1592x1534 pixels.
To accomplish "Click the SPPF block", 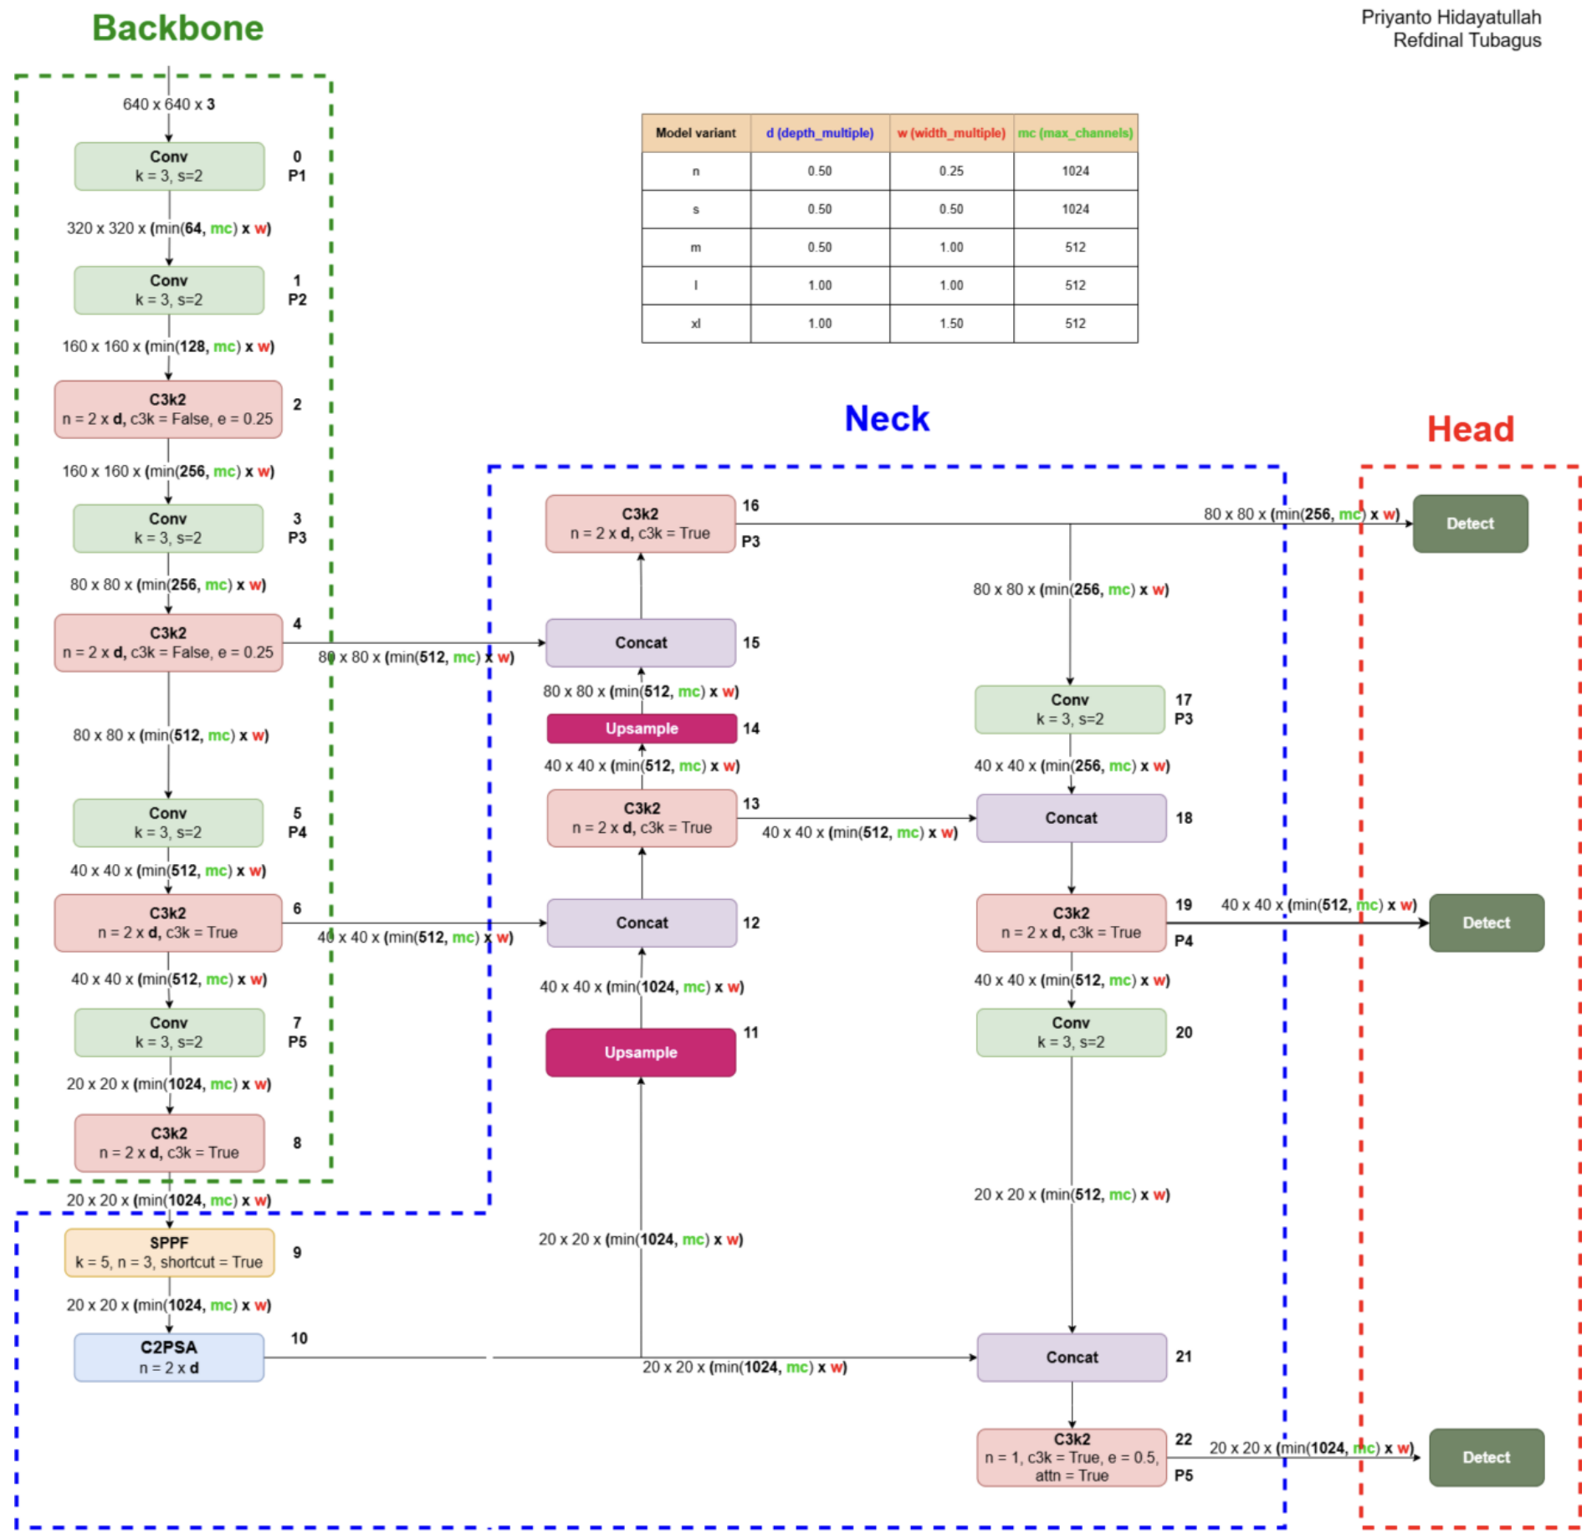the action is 170,1252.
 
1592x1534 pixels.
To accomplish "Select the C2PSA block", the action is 169,1357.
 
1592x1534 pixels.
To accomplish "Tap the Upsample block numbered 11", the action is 641,1052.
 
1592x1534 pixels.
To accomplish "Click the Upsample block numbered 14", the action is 642,729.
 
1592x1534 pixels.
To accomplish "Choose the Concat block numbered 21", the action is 1072,1357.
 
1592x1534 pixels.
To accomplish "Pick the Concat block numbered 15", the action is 641,642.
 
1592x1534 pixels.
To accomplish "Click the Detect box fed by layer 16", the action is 1471,524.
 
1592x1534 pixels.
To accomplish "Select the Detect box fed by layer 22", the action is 1487,1457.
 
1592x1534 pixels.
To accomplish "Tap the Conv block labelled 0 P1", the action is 169,166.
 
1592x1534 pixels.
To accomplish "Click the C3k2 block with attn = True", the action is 1072,1457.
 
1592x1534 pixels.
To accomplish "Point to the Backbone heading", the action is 177,28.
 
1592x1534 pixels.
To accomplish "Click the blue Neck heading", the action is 887,418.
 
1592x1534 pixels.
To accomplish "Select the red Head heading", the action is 1471,429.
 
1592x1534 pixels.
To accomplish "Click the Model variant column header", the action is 696,133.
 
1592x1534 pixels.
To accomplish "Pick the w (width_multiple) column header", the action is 951,133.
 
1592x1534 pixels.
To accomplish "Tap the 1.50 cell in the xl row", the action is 951,324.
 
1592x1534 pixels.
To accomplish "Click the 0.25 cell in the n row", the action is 951,171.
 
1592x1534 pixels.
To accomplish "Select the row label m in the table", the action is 696,248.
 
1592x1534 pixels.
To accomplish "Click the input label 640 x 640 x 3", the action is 169,105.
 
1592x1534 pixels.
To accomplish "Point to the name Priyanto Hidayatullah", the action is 1451,18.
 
